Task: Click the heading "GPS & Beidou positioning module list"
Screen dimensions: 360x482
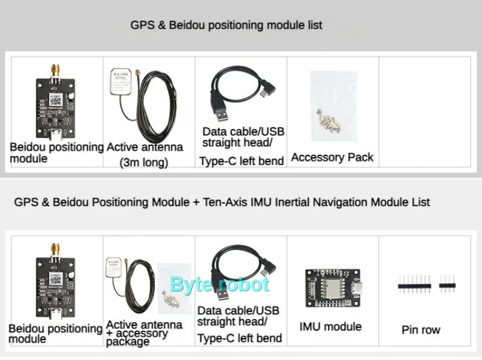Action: tap(227, 25)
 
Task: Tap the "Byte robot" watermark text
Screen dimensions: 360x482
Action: tap(219, 284)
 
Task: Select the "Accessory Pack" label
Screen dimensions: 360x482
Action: tap(332, 158)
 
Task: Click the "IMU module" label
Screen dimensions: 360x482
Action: tap(330, 327)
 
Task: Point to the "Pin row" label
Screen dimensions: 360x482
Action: tap(421, 330)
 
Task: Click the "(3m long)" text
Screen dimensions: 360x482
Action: tap(143, 162)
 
